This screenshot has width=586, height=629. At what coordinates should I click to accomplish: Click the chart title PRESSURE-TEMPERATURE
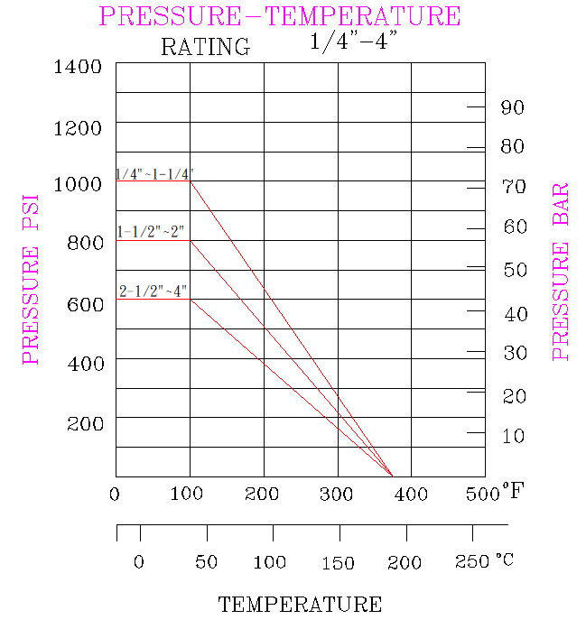pyautogui.click(x=280, y=16)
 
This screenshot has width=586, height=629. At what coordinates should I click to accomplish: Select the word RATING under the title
pyautogui.click(x=205, y=47)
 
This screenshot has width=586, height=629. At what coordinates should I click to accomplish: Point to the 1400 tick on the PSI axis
pyautogui.click(x=78, y=67)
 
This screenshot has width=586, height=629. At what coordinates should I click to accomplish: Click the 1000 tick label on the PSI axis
pyautogui.click(x=78, y=185)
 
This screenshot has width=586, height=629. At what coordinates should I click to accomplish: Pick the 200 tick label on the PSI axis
pyautogui.click(x=85, y=423)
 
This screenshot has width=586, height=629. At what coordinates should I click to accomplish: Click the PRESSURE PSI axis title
pyautogui.click(x=32, y=278)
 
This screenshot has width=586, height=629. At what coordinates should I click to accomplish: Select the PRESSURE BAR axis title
pyautogui.click(x=561, y=272)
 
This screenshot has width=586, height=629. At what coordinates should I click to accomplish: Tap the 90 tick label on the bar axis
pyautogui.click(x=512, y=107)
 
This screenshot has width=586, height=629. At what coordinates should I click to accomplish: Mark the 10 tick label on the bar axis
pyautogui.click(x=513, y=436)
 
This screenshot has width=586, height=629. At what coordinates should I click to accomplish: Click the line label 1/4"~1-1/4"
pyautogui.click(x=153, y=173)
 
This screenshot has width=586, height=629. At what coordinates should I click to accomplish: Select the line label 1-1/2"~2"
pyautogui.click(x=150, y=231)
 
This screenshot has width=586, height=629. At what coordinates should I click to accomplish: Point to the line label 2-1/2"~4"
pyautogui.click(x=153, y=291)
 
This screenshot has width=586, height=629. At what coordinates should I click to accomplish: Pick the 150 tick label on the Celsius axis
pyautogui.click(x=338, y=563)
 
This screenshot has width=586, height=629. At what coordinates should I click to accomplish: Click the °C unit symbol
pyautogui.click(x=504, y=560)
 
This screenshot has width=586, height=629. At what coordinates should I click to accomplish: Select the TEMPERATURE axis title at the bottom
pyautogui.click(x=300, y=605)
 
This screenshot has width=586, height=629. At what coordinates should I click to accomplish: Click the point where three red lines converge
pyautogui.click(x=392, y=475)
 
